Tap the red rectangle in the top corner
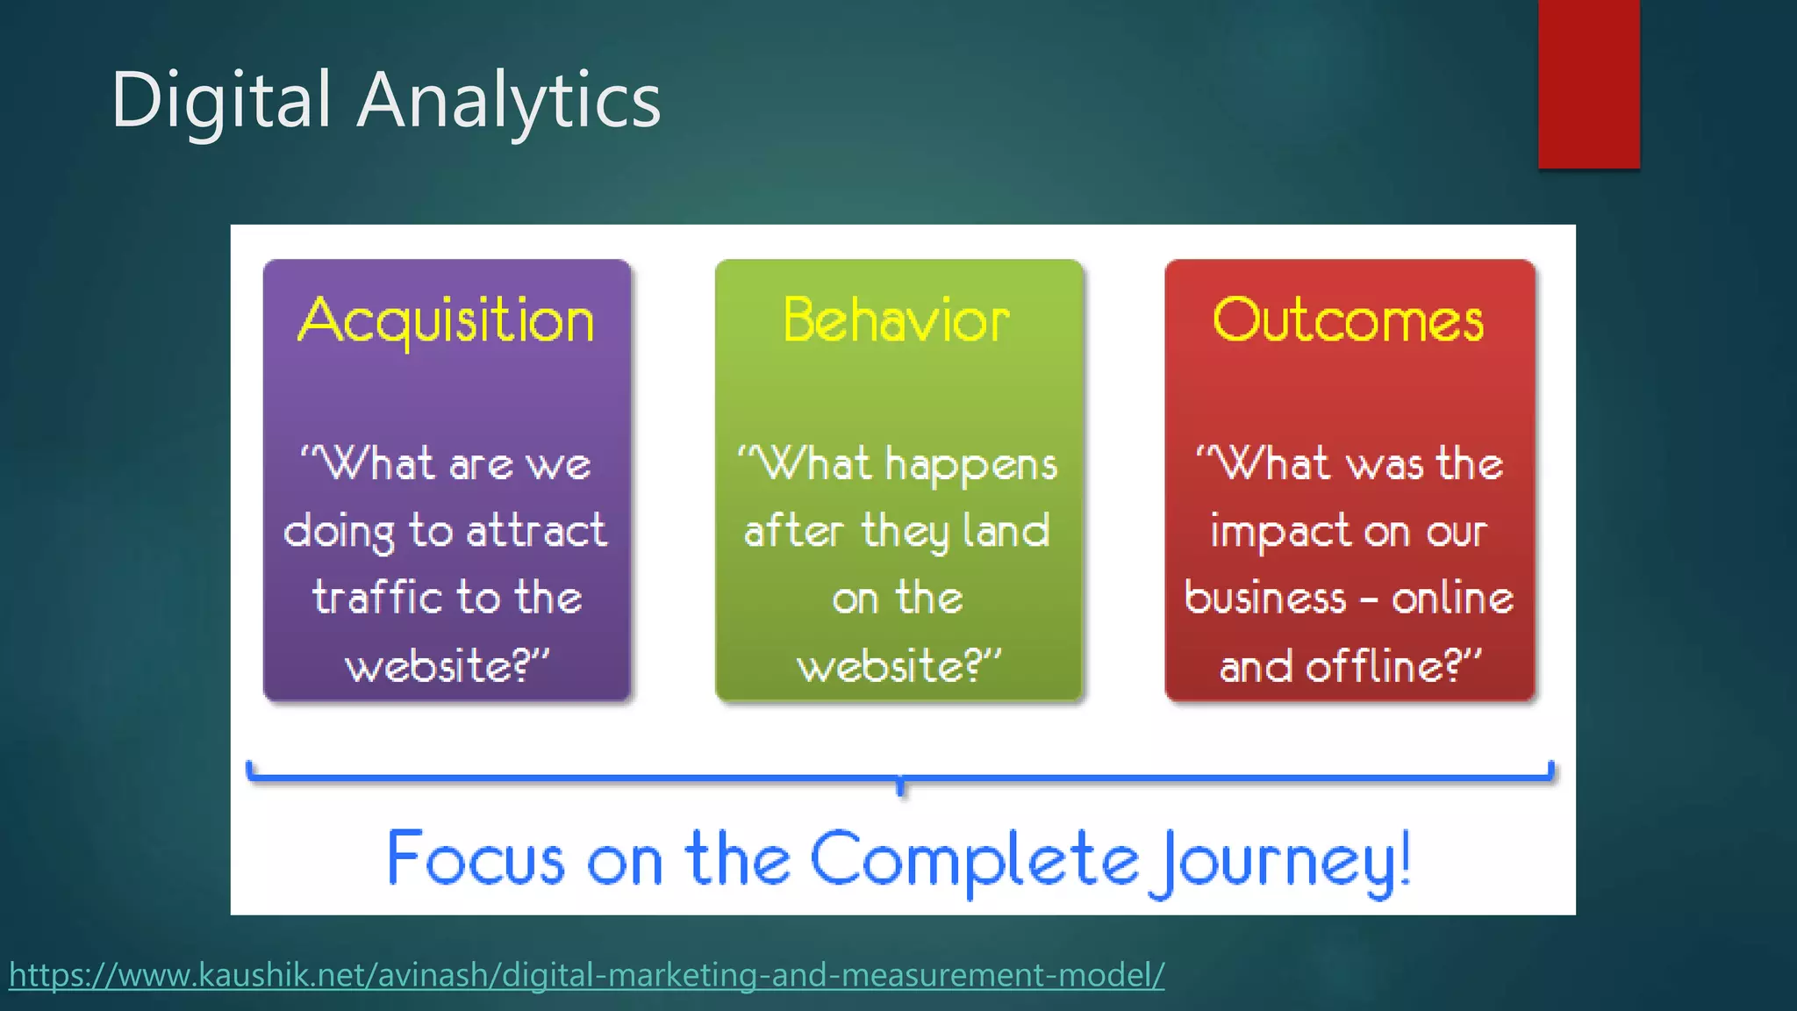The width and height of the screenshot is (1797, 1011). point(1588,83)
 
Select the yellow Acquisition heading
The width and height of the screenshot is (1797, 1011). point(447,321)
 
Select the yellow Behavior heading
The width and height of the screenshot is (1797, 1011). point(897,321)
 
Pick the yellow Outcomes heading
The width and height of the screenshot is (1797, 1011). point(1349,321)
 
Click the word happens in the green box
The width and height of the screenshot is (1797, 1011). point(971,465)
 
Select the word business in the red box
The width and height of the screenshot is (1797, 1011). point(1264,599)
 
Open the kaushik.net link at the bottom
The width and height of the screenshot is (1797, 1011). point(586,975)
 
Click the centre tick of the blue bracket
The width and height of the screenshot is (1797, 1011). point(900,785)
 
